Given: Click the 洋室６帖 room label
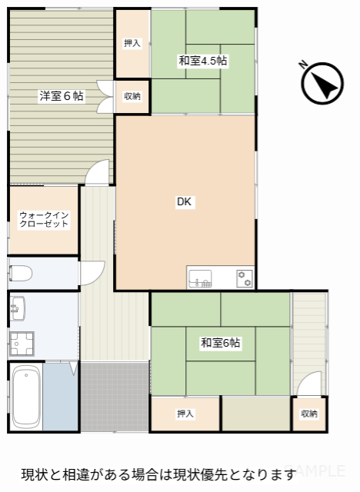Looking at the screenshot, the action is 62,95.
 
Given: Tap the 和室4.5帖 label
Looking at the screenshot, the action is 203,60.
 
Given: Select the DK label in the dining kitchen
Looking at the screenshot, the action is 185,201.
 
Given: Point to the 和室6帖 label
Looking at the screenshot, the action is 220,342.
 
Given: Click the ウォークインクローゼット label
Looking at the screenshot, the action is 44,219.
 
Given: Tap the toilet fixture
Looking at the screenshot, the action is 21,274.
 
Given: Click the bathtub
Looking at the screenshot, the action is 26,396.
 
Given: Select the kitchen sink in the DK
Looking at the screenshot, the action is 200,278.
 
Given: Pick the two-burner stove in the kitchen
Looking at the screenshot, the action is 245,278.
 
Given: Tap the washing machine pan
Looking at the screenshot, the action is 22,344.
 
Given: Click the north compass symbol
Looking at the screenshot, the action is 322,84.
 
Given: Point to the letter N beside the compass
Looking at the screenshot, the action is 303,65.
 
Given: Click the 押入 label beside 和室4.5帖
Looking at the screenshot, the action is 132,43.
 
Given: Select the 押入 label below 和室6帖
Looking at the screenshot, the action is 185,414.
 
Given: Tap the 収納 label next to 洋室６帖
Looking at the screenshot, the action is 132,96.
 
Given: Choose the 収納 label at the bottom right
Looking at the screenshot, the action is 309,414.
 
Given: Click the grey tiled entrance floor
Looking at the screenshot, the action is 115,397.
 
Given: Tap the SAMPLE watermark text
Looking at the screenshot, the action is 315,470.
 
